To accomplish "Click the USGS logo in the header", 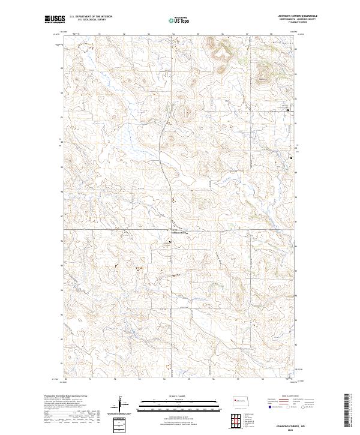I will pyautogui.click(x=55, y=20).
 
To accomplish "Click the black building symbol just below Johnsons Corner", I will pyautogui.click(x=169, y=242).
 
